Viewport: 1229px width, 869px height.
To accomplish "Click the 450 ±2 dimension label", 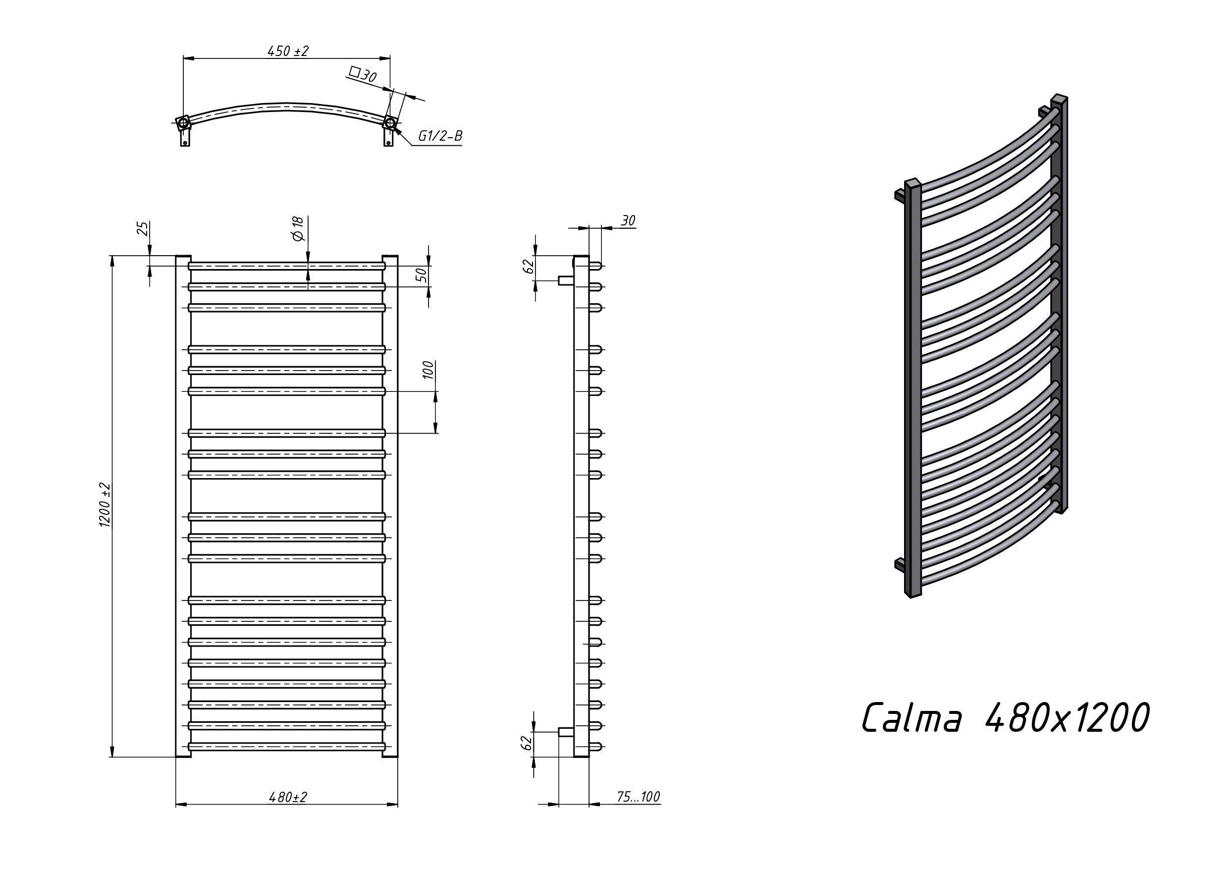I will pos(288,51).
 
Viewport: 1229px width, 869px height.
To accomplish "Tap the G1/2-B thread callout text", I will pos(439,136).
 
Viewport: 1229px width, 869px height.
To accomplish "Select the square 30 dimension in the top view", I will pos(363,74).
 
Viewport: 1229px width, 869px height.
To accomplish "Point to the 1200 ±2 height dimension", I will pos(105,505).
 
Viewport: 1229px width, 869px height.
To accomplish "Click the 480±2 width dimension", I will pos(288,797).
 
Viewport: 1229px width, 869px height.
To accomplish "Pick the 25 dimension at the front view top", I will pos(142,228).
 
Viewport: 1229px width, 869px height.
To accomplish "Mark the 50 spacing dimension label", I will pos(422,274).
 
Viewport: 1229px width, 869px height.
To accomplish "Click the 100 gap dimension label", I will pos(428,371).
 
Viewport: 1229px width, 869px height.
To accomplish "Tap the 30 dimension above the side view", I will pos(628,220).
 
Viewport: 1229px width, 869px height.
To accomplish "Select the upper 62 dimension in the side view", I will pos(528,266).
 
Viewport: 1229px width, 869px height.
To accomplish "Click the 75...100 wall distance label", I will pos(638,797).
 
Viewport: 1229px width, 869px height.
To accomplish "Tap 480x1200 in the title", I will pos(1067,717).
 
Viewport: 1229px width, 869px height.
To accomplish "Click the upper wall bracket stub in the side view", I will pos(565,280).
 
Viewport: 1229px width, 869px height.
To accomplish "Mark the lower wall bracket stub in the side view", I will pos(565,731).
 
